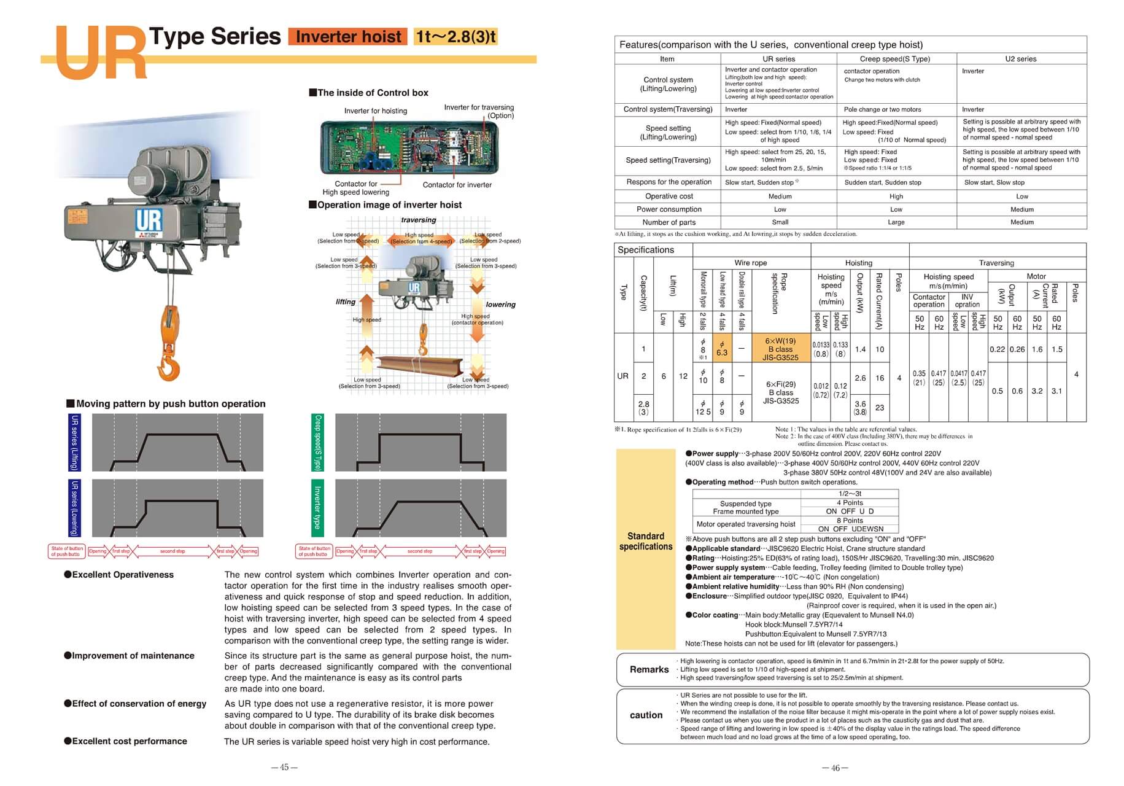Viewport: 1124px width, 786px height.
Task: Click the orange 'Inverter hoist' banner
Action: coord(347,37)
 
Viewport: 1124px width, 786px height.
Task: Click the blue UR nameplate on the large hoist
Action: coord(149,220)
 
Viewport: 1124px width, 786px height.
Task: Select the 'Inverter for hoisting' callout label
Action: coord(375,111)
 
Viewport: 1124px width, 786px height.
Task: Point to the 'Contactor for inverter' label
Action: coord(457,185)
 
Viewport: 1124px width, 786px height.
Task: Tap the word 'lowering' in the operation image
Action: coord(500,305)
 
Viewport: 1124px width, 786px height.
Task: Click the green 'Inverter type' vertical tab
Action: coord(317,507)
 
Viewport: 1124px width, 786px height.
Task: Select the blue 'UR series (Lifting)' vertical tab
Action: coord(74,442)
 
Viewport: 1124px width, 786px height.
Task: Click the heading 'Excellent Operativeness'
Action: coord(123,575)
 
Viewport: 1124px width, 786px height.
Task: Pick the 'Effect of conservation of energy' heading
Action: coord(139,704)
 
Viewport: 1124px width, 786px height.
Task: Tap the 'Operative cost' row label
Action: coord(669,196)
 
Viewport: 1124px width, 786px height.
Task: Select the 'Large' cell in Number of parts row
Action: coord(896,222)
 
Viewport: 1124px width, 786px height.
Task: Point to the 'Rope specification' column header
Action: coord(779,294)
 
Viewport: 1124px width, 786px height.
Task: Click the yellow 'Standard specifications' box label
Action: coord(646,541)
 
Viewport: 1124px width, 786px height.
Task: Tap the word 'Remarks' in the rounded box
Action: coord(649,669)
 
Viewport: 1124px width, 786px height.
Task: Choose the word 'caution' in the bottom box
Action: coord(646,715)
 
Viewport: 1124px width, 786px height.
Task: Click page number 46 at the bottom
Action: coord(835,768)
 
